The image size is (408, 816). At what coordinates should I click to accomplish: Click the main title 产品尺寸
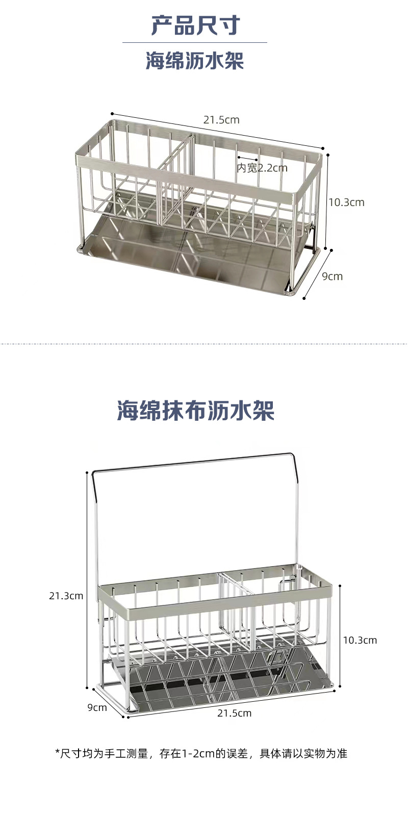tap(195, 25)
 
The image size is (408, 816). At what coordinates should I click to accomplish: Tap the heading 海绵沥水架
tap(195, 61)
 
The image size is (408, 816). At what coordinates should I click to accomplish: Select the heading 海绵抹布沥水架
tap(196, 411)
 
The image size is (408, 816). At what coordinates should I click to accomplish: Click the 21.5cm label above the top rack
tap(221, 120)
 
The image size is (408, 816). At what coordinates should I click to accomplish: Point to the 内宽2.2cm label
tap(262, 167)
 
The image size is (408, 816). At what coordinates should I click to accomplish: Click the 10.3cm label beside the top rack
tap(346, 202)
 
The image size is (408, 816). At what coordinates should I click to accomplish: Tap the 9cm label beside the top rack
tap(332, 276)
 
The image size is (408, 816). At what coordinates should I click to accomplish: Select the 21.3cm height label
tap(66, 596)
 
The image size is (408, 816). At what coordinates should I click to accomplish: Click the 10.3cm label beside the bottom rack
tap(360, 640)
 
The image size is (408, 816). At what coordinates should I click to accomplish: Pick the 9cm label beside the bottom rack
tap(97, 707)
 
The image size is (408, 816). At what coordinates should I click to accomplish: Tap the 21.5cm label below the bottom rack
tap(234, 713)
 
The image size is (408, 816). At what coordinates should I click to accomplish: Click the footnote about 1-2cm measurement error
tap(201, 753)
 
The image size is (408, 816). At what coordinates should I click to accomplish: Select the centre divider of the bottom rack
tap(237, 612)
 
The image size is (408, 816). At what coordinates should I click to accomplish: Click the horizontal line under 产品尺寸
tap(195, 42)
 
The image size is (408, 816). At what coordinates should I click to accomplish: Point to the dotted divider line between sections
tap(204, 344)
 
